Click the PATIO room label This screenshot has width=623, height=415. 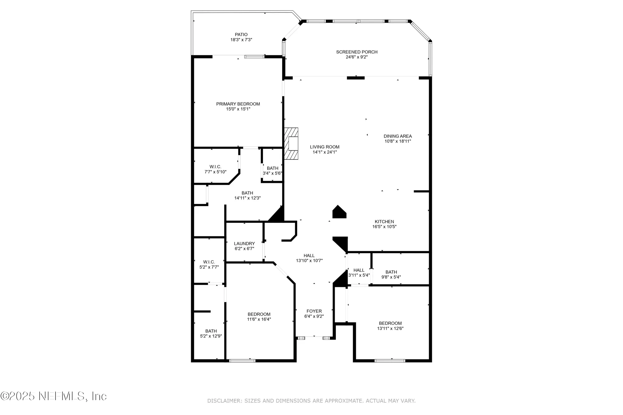[241, 35]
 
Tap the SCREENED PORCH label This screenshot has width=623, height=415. [357, 52]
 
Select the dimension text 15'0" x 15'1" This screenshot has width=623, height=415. [238, 109]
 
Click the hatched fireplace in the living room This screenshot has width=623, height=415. [291, 144]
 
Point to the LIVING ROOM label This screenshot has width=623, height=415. [325, 147]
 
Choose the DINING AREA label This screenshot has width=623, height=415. [397, 136]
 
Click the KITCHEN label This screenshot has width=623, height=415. [384, 222]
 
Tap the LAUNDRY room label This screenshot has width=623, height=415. [244, 243]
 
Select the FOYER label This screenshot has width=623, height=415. [314, 311]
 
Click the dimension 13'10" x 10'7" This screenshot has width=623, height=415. [309, 261]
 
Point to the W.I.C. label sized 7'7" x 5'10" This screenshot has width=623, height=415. [215, 167]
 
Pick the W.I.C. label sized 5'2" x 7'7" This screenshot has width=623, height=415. [209, 262]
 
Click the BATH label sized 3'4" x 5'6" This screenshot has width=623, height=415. [273, 168]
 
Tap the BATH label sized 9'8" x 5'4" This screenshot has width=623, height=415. [391, 272]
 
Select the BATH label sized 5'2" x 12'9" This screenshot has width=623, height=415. [211, 331]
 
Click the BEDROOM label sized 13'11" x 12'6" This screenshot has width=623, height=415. [390, 323]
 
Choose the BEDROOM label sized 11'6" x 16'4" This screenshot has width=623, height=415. [259, 314]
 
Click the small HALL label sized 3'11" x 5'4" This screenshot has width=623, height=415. [359, 270]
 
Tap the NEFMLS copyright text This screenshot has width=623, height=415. [54, 396]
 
